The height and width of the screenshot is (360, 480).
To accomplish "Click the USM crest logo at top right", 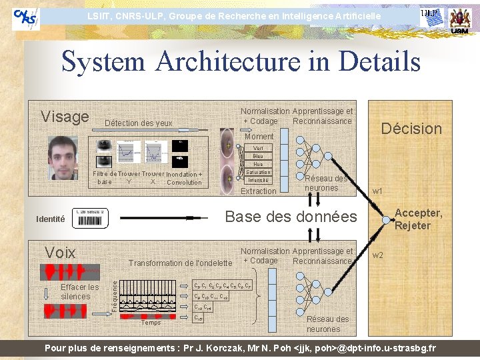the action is [x=459, y=20].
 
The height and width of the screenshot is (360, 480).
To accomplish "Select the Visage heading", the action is [x=65, y=117].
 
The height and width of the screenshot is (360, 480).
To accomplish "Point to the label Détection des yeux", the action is [x=139, y=123].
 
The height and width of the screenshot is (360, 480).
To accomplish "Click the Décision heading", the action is [x=411, y=129].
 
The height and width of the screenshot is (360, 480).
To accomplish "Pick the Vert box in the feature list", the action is [x=258, y=148].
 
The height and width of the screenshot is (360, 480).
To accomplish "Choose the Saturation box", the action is [x=258, y=172].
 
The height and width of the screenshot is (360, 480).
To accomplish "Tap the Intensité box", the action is [x=258, y=180].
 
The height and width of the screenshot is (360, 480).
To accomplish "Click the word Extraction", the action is [x=258, y=191].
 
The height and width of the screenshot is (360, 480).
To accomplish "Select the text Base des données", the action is [x=291, y=217].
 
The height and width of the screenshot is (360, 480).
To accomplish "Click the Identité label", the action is [x=51, y=219].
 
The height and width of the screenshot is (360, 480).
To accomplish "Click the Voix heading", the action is [x=60, y=252].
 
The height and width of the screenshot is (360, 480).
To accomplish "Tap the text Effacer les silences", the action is [x=79, y=291].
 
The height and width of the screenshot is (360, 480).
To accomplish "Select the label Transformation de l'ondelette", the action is [x=180, y=263].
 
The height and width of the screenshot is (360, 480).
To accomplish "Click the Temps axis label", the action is [x=151, y=323].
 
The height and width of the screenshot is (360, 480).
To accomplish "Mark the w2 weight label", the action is [x=377, y=255].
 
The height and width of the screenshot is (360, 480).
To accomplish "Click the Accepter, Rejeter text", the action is [x=418, y=219].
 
